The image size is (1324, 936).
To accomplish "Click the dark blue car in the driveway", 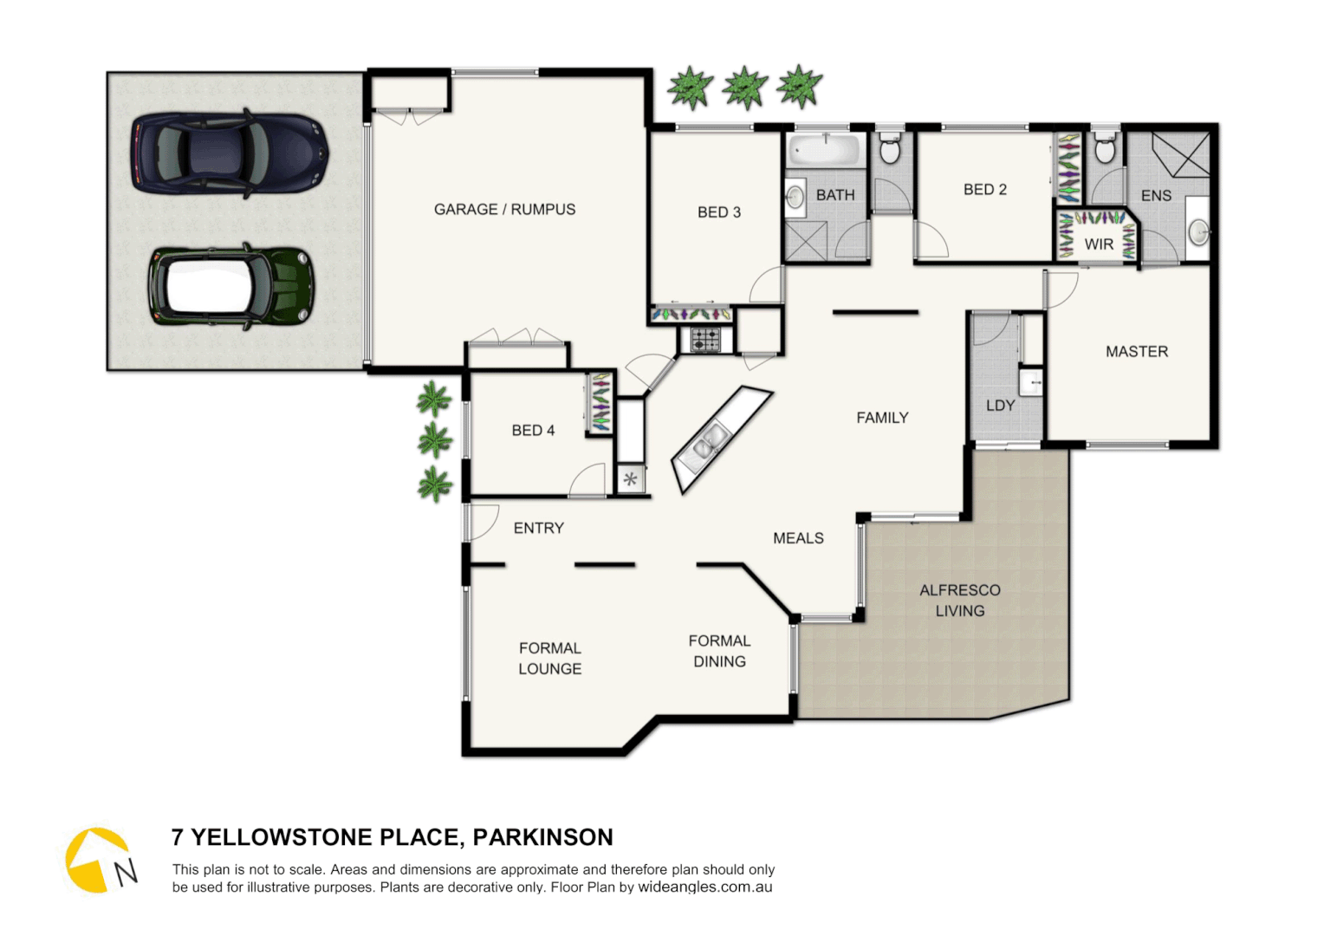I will [x=230, y=153].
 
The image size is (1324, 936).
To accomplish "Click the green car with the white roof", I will [x=230, y=287].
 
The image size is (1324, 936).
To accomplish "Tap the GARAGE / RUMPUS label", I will [x=504, y=210].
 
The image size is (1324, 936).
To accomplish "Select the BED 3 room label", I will [x=719, y=212].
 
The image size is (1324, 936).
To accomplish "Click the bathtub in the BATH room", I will [x=826, y=150].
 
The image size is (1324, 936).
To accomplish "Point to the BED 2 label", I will [x=985, y=190].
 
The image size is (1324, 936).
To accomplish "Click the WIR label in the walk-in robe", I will [x=1099, y=244].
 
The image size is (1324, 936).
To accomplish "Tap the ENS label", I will [x=1156, y=196].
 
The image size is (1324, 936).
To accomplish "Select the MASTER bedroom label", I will [x=1137, y=352].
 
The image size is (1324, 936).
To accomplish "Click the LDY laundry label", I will [x=1000, y=406].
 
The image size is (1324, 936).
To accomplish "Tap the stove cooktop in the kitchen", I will [x=704, y=340].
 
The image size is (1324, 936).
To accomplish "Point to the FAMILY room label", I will [x=882, y=418].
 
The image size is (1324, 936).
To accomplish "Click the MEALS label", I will [x=798, y=538].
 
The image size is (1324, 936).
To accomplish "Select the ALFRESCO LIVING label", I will [x=959, y=601].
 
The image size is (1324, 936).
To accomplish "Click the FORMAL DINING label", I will [x=719, y=651].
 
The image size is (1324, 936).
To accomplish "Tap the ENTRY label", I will [x=538, y=528].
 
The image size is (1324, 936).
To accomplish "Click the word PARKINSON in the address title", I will [x=542, y=837].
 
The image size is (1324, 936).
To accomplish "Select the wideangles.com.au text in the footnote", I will [x=704, y=887].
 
